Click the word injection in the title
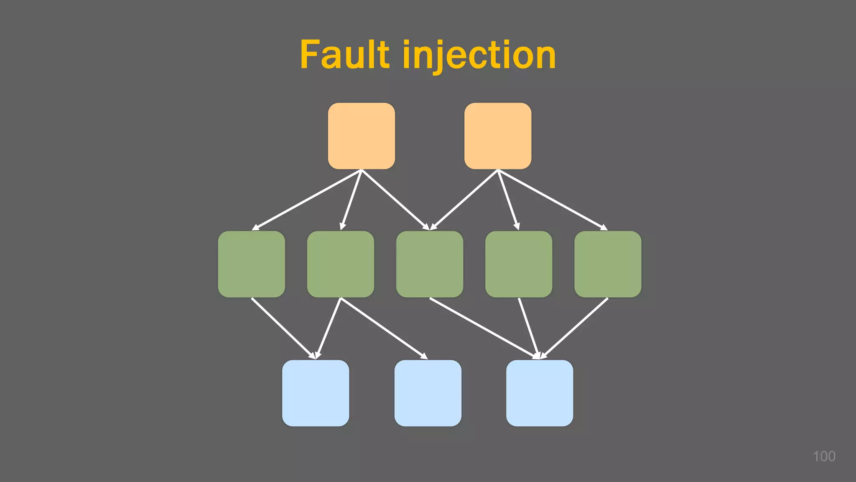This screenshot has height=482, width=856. [x=479, y=55]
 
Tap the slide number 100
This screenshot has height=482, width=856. [x=824, y=456]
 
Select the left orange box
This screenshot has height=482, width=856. [x=361, y=136]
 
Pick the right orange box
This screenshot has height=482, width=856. [x=498, y=136]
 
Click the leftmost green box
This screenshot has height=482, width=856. [x=251, y=264]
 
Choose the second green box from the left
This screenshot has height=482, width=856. [x=340, y=264]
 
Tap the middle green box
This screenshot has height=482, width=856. [x=429, y=264]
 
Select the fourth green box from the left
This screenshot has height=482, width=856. [x=518, y=264]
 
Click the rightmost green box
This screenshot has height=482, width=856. [x=607, y=264]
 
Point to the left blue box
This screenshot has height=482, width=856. [x=315, y=393]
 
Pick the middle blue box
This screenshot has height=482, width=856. [x=428, y=393]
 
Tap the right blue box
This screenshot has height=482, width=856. [x=539, y=393]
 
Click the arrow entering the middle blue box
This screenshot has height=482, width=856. [x=384, y=328]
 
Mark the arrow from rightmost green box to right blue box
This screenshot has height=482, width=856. [x=574, y=328]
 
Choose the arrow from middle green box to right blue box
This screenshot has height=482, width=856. [x=483, y=328]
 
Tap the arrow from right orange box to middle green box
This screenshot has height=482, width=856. [x=464, y=200]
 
